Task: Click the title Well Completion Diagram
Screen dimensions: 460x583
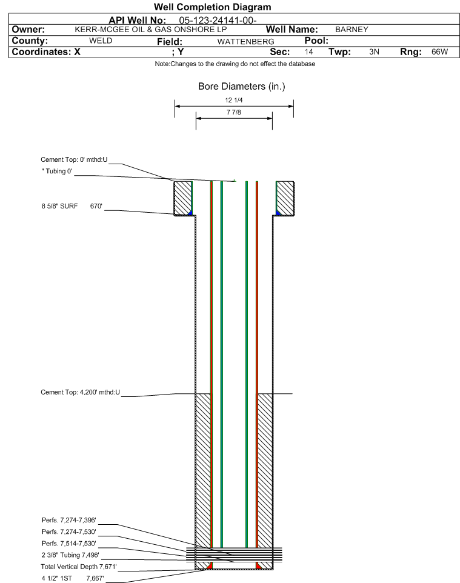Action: tap(212, 7)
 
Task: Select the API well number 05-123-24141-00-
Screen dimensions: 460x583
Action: tap(218, 21)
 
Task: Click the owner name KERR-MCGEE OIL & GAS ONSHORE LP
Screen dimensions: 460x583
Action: tap(151, 30)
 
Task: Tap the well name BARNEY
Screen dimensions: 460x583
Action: tap(352, 30)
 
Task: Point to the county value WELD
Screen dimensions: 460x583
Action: tap(101, 41)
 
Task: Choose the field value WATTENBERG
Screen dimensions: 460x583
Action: tap(246, 42)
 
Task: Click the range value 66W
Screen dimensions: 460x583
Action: tap(439, 52)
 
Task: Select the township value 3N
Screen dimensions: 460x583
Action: tap(374, 52)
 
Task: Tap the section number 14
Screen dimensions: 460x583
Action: tap(308, 52)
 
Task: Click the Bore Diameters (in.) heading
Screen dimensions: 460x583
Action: tap(242, 87)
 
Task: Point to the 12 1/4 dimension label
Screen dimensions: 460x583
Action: tap(234, 100)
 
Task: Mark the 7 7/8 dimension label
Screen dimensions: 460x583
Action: tap(234, 112)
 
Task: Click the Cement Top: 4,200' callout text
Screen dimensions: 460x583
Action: tap(81, 392)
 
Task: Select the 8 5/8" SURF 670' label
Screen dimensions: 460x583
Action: tap(72, 206)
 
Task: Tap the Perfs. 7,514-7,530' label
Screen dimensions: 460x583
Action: tap(69, 544)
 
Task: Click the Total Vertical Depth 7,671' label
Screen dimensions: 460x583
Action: tap(79, 567)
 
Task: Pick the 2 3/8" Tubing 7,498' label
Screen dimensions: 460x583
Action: tap(70, 555)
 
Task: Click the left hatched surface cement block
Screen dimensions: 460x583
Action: tap(183, 198)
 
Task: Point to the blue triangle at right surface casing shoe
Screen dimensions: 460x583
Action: tap(278, 213)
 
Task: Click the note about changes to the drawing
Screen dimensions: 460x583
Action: tap(235, 64)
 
